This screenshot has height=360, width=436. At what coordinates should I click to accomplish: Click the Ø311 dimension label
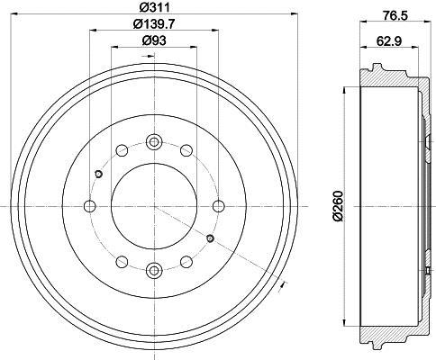[154, 7]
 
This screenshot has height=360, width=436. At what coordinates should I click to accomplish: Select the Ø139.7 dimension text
[154, 24]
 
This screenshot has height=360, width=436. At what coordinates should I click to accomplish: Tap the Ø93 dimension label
[154, 40]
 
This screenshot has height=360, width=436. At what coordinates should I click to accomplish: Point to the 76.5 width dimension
[395, 15]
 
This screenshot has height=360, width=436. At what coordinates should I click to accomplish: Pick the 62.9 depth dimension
[389, 40]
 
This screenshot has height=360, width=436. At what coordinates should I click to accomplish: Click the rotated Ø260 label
[338, 206]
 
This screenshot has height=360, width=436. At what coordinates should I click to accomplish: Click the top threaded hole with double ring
[154, 141]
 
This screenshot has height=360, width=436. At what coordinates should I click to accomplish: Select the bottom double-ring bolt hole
[154, 271]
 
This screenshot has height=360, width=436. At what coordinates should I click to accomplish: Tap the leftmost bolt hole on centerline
[90, 206]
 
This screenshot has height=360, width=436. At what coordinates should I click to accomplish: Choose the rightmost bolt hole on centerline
[219, 206]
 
